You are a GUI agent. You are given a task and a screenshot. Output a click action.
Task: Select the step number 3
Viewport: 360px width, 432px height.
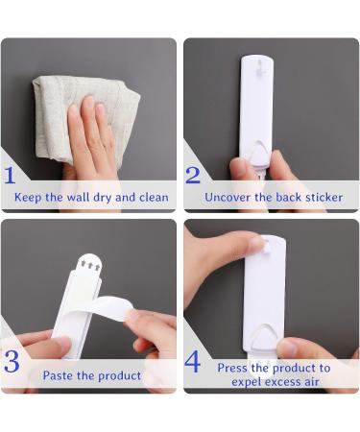click(x=12, y=362)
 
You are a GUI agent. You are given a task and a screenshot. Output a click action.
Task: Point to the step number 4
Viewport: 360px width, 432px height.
click(x=194, y=362)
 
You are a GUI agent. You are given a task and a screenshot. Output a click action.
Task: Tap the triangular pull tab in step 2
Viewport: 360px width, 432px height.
click(x=258, y=154)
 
